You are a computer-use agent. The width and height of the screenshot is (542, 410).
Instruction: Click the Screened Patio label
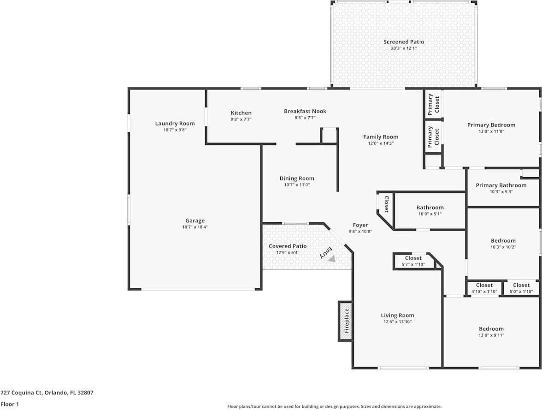pyautogui.click(x=403, y=42)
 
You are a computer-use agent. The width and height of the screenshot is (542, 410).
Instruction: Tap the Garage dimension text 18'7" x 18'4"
pyautogui.click(x=195, y=227)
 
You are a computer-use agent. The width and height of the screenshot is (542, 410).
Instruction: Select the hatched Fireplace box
pyautogui.click(x=346, y=321)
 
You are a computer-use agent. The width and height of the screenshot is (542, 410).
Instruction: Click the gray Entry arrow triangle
pyautogui.click(x=332, y=258)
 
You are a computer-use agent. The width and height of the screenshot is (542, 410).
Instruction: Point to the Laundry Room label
pyautogui.click(x=175, y=124)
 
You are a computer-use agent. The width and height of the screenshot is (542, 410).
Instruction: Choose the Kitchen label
pyautogui.click(x=241, y=113)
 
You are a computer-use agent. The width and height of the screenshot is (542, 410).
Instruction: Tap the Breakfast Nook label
pyautogui.click(x=305, y=111)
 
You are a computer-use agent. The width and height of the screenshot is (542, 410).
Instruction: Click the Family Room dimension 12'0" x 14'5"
pyautogui.click(x=381, y=143)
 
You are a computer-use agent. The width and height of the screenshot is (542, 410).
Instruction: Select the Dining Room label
pyautogui.click(x=297, y=178)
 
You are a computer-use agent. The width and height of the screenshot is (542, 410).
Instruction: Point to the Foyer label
pyautogui.click(x=360, y=225)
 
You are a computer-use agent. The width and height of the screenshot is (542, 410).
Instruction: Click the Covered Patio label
pyautogui.click(x=288, y=246)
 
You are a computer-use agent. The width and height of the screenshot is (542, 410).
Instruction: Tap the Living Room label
pyautogui.click(x=397, y=315)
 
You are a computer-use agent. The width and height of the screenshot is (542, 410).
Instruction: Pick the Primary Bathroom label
pyautogui.click(x=501, y=185)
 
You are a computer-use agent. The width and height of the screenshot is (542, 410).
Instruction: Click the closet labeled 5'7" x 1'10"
pyautogui.click(x=413, y=261)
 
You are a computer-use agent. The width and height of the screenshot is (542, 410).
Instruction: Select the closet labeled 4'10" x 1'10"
pyautogui.click(x=484, y=288)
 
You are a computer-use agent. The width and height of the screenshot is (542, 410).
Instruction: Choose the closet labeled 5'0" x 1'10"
pyautogui.click(x=521, y=288)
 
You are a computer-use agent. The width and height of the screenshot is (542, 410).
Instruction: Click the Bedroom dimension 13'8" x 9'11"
pyautogui.click(x=491, y=335)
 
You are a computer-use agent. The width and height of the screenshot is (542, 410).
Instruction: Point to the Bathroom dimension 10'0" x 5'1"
pyautogui.click(x=430, y=214)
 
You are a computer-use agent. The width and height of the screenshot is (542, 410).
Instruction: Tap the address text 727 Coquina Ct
pyautogui.click(x=21, y=392)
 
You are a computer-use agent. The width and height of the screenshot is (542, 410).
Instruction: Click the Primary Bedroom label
pyautogui.click(x=491, y=125)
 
